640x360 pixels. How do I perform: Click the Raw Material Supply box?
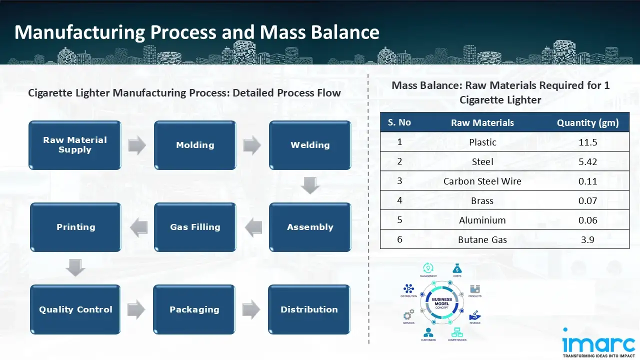(75, 145)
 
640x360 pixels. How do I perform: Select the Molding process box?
(195, 145)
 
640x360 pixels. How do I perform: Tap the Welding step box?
(310, 145)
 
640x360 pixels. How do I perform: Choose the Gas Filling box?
(195, 227)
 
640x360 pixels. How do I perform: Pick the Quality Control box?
(75, 309)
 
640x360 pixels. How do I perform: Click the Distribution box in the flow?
(309, 309)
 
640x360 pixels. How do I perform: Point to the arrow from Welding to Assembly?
(310, 186)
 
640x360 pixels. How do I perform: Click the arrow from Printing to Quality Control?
(75, 268)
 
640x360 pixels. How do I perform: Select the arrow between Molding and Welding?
(252, 145)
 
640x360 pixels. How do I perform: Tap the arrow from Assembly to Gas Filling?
(253, 227)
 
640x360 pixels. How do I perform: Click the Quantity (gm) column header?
(588, 122)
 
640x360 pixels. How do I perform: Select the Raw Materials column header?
(482, 122)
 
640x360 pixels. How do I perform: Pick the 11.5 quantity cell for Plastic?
(588, 142)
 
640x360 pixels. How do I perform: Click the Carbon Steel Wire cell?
(482, 181)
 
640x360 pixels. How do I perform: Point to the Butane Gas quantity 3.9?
(588, 239)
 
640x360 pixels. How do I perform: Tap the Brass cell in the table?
(482, 200)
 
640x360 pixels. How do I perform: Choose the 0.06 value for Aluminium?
(588, 220)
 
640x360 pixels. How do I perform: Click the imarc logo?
(598, 343)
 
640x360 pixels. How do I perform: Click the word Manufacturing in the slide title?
(80, 32)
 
